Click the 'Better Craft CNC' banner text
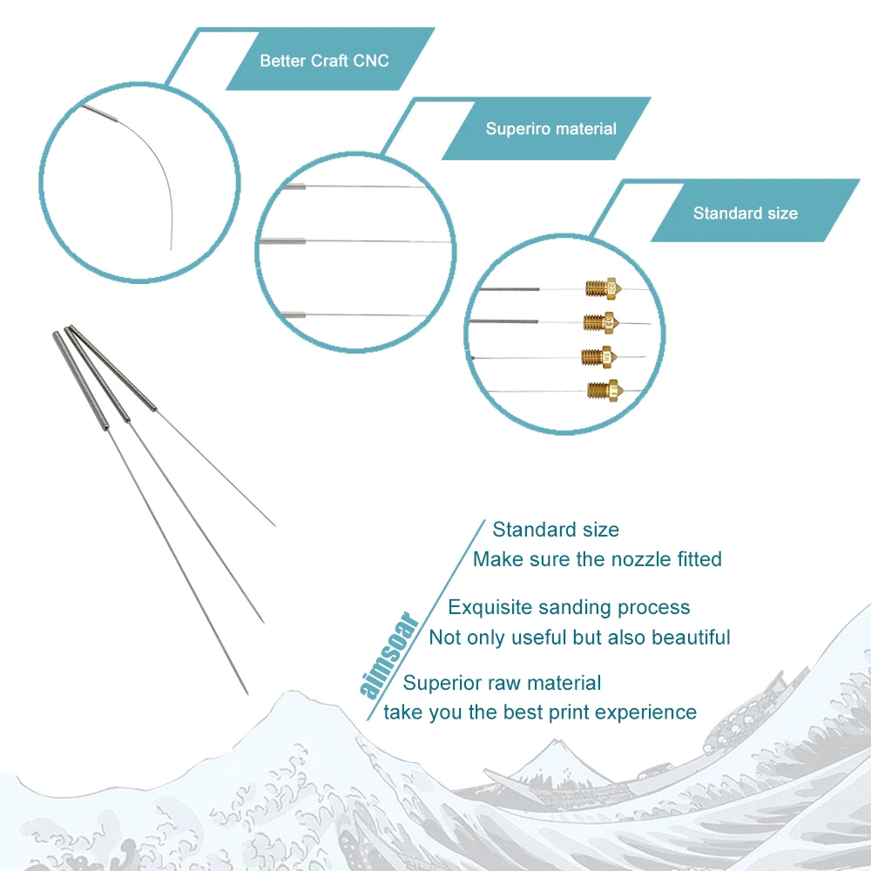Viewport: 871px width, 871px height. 324,61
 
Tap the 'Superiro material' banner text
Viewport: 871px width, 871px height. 550,129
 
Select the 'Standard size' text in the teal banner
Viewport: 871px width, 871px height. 745,213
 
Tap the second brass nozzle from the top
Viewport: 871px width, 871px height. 601,321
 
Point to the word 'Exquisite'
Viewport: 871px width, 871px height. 490,607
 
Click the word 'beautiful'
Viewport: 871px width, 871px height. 691,637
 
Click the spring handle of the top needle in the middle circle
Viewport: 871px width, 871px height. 296,186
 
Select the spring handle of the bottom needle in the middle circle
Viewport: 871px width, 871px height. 295,314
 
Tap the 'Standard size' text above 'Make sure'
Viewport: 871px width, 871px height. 556,529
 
